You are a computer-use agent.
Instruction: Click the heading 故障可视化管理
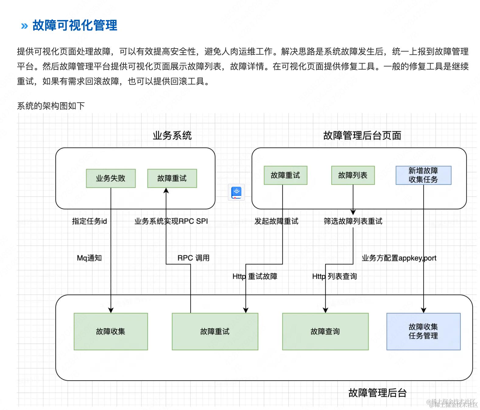coord(75,25)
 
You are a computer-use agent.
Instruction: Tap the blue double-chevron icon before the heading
coord(24,26)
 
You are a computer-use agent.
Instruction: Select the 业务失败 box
coord(111,178)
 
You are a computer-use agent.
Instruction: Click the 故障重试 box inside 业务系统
coord(172,178)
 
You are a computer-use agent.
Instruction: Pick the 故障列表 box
coord(353,175)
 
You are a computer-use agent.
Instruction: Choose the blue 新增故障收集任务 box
coord(423,175)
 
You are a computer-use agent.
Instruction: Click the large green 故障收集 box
coord(111,332)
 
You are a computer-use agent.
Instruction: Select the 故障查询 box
coord(325,332)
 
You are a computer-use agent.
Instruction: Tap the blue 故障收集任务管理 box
coord(423,332)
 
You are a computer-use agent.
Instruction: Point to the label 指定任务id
coord(89,221)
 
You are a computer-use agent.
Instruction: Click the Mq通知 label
coord(89,258)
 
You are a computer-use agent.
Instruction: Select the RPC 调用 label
coord(193,258)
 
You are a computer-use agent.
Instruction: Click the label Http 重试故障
coord(255,276)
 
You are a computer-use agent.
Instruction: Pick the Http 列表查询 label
coord(334,276)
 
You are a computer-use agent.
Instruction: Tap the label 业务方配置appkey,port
coord(399,258)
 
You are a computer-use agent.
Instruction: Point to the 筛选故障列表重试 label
coord(353,221)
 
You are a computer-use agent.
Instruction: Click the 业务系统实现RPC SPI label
coord(171,221)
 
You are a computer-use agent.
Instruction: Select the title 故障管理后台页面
coord(362,135)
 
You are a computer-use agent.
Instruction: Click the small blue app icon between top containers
coord(236,192)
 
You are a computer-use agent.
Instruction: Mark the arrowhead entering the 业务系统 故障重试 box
coord(166,190)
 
